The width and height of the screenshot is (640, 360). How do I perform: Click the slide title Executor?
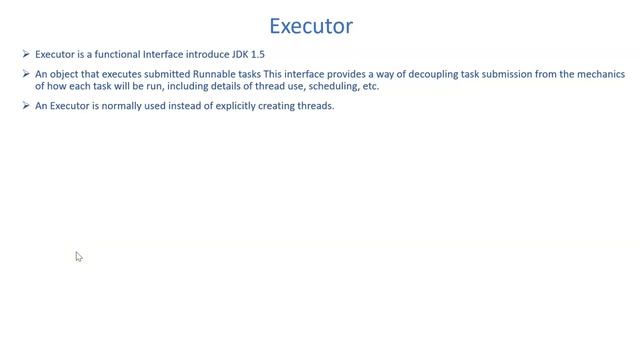click(x=312, y=25)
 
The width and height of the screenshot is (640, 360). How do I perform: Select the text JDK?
click(x=232, y=54)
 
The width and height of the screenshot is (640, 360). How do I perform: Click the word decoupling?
click(x=435, y=75)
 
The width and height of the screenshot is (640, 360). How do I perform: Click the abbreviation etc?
click(x=369, y=86)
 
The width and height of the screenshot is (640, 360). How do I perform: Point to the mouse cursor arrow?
click(x=78, y=256)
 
